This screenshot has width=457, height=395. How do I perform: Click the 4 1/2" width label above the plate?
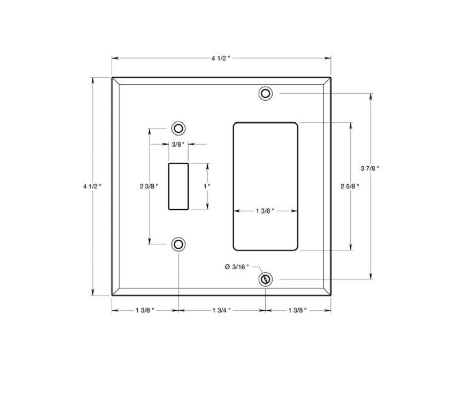220,58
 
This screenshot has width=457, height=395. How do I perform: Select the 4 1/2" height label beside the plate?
92,186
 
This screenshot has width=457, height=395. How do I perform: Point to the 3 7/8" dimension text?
370,168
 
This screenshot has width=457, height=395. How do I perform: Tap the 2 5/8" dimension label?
350,186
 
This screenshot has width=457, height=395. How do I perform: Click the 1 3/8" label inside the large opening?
265,211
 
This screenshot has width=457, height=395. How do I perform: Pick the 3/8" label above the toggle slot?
178,144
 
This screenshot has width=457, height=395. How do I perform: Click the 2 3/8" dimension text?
149,186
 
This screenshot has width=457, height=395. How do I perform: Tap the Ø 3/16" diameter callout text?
237,267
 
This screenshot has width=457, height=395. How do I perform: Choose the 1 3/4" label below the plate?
221,310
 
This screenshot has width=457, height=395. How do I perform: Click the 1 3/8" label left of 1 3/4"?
144,310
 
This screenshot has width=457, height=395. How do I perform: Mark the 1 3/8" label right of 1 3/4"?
297,310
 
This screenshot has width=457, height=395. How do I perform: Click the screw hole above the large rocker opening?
265,94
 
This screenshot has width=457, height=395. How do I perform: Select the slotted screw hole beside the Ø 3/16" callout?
265,279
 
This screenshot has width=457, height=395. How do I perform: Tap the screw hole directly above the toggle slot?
178,128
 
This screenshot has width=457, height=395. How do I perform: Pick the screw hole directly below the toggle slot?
178,244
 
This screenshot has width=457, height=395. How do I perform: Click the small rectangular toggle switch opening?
178,186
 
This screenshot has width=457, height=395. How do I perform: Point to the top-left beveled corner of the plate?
115,81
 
